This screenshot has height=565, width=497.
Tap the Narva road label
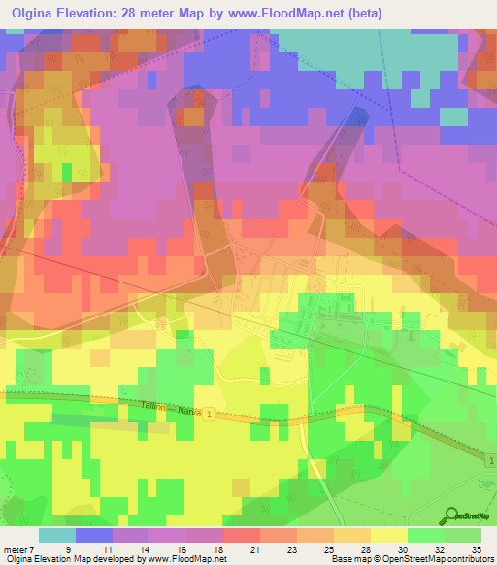(190, 413)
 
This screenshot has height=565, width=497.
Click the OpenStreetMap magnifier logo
(453, 517)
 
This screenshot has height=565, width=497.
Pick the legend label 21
(254, 549)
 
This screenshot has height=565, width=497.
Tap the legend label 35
(476, 549)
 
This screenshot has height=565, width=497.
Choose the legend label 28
(365, 549)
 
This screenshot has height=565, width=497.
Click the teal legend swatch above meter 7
(56, 535)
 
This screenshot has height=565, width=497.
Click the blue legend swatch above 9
(94, 535)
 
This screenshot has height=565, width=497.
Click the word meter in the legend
(17, 549)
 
